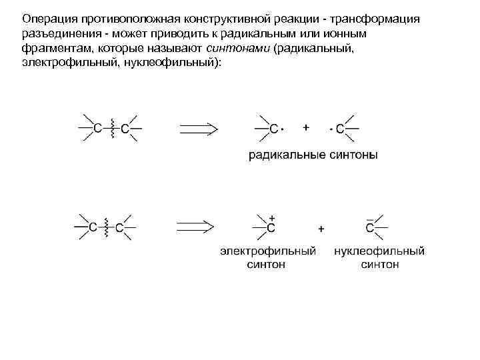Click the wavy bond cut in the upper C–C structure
pyautogui.click(x=112, y=127)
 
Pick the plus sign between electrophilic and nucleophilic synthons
pyautogui.click(x=321, y=229)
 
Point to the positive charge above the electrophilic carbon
pyautogui.click(x=272, y=217)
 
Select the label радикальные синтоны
pyautogui.click(x=313, y=156)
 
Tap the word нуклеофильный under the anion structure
pyautogui.click(x=379, y=251)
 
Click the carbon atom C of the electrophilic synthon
pyautogui.click(x=271, y=228)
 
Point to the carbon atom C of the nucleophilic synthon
pyautogui.click(x=369, y=228)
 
